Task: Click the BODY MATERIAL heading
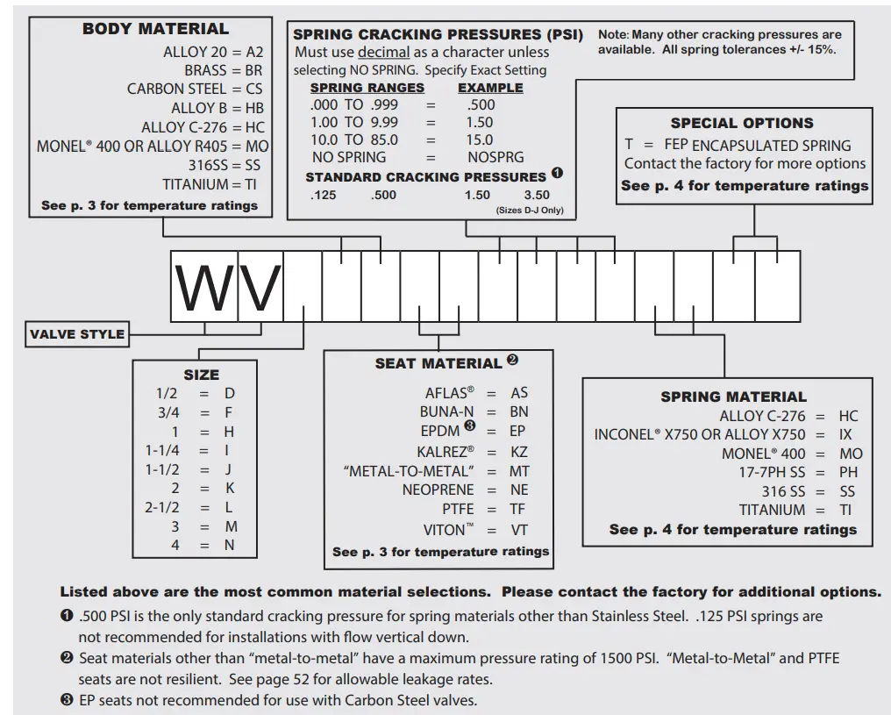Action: pos(155,29)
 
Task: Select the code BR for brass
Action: pos(253,70)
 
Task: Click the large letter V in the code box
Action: pos(260,288)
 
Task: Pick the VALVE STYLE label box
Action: pos(77,334)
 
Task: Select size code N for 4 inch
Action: pos(229,545)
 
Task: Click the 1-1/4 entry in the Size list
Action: pos(161,450)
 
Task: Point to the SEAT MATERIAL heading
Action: pos(438,363)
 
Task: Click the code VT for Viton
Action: pos(519,530)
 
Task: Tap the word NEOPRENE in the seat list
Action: pos(438,490)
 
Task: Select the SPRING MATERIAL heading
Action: pos(733,397)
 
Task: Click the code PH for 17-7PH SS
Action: pos(848,473)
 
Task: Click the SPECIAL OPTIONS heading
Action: pos(742,124)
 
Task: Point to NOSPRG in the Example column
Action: pos(495,157)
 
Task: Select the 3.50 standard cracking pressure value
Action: pos(537,196)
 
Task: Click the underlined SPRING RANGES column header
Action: pos(367,88)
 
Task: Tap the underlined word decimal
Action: pos(383,53)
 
